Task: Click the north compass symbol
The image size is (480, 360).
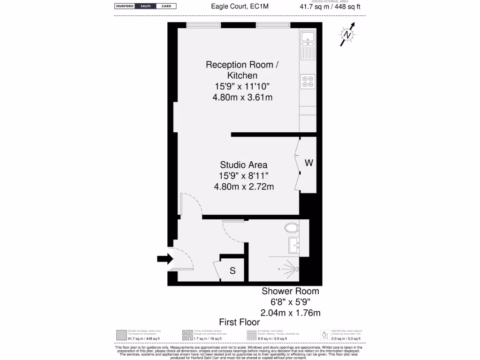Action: pos(347,35)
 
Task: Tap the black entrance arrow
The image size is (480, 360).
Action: pos(165,258)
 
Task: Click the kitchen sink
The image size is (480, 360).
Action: pos(307,37)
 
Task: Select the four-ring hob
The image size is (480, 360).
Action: pos(308,82)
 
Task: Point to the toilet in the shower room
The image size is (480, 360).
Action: pos(292,228)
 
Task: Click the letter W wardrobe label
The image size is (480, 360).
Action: pos(309,163)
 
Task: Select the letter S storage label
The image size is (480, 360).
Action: pos(232,271)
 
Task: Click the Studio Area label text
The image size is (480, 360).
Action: pos(244,165)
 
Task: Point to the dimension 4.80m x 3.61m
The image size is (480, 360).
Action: pos(242,97)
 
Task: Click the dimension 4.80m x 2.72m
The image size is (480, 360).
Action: pos(244,187)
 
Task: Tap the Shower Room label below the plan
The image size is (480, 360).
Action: pos(290,292)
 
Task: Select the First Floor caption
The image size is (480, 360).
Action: pos(240,322)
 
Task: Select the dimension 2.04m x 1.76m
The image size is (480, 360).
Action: pos(290,313)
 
